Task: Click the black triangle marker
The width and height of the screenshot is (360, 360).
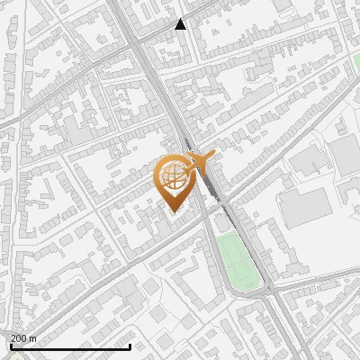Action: tap(181, 24)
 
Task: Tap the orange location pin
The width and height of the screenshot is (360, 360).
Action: tap(175, 182)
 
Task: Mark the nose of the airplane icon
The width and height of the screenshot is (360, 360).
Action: tap(214, 157)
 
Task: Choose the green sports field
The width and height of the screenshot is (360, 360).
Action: tap(238, 261)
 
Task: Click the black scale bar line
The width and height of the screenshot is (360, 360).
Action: tap(70, 346)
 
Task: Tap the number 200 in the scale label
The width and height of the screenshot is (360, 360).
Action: tap(19, 338)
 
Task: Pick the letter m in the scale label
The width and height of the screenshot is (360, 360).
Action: tap(33, 338)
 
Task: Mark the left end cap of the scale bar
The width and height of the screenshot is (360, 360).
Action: tap(11, 346)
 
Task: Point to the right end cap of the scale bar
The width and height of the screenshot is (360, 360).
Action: tap(130, 346)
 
